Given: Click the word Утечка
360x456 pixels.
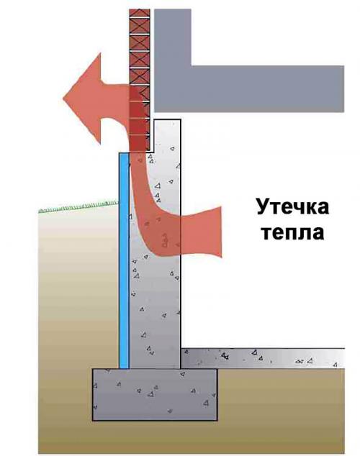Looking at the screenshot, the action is click(293, 206).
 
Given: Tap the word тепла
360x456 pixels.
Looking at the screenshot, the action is click(293, 233).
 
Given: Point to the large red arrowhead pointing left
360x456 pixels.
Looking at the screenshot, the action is click(83, 99).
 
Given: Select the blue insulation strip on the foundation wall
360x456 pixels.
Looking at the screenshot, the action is click(124, 260).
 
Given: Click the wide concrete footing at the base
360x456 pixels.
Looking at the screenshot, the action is click(155, 395).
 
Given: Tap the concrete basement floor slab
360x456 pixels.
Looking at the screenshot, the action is click(263, 358).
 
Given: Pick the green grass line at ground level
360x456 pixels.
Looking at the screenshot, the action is click(78, 206).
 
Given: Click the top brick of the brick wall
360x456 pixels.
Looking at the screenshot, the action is click(140, 14).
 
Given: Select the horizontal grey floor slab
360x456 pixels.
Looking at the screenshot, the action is click(249, 88).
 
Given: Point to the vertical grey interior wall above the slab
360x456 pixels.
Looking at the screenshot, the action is click(173, 37).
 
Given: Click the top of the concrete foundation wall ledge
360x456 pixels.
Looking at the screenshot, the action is click(167, 120).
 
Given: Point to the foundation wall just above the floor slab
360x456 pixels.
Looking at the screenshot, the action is click(155, 334).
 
